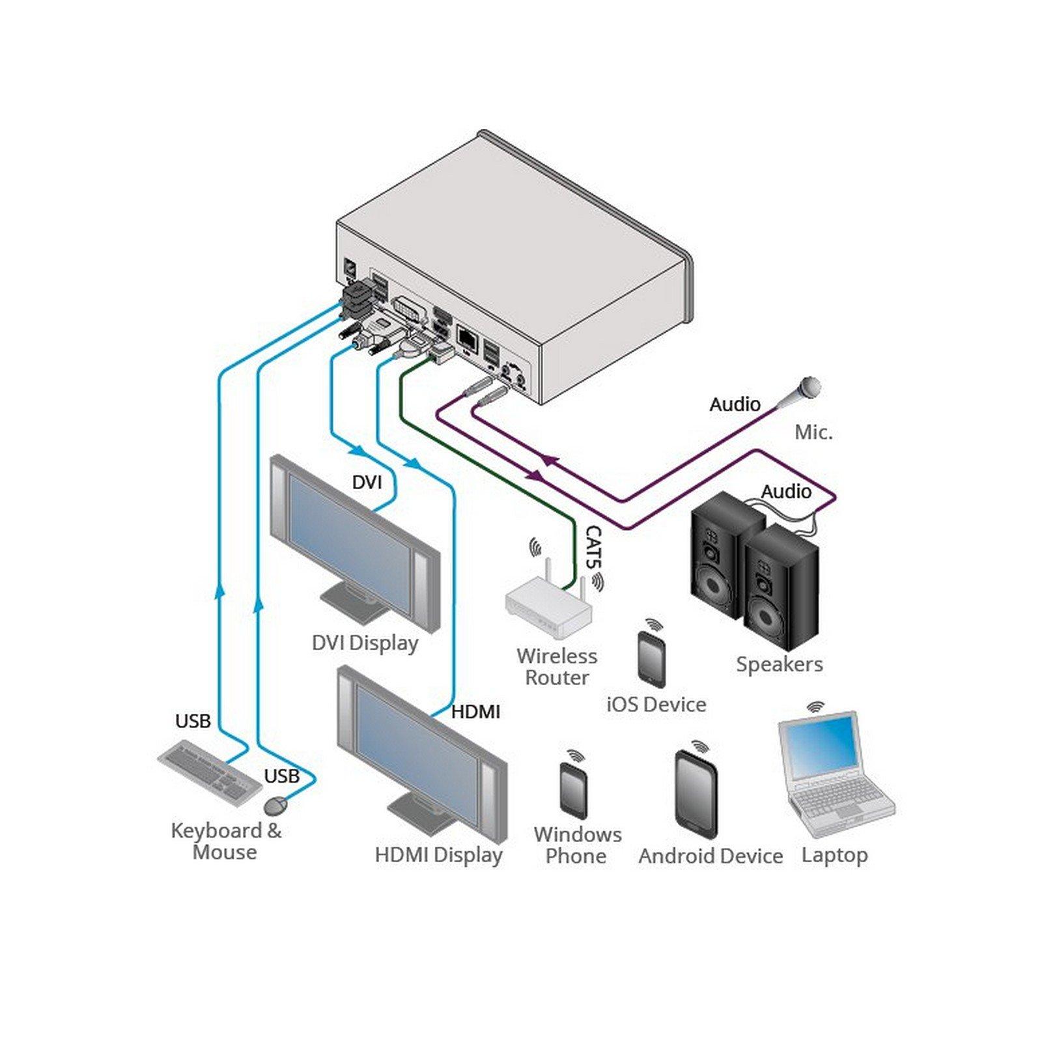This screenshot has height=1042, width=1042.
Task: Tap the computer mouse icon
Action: point(275,806)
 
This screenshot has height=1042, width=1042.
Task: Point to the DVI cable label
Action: point(367,483)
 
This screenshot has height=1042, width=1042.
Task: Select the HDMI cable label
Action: point(475,712)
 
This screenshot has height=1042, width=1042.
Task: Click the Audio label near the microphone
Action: point(735,404)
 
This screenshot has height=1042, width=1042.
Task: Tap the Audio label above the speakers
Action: point(786,491)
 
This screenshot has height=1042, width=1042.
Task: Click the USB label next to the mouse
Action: point(281,776)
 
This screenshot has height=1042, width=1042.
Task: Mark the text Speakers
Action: point(779,664)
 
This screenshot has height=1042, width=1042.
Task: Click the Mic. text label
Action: point(813,432)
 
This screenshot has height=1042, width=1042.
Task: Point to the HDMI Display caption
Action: point(438,855)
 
